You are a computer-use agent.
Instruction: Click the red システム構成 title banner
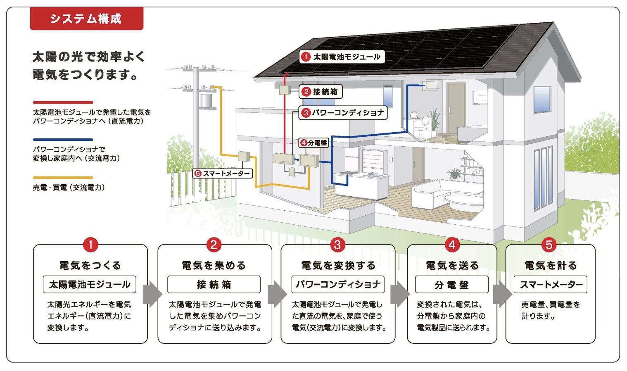[86, 19]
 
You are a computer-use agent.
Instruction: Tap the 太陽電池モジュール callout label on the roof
[342, 57]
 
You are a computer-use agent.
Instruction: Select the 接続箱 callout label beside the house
[321, 92]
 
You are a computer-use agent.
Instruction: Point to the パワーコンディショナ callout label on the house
[343, 112]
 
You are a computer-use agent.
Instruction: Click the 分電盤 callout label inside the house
[314, 143]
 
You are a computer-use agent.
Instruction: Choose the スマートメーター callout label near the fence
[223, 174]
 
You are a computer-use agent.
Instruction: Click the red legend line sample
[63, 102]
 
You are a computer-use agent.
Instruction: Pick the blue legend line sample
[63, 140]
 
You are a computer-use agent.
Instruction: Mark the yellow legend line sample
[63, 178]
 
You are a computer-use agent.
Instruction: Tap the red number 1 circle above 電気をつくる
[90, 245]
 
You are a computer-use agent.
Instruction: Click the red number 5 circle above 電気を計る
[549, 245]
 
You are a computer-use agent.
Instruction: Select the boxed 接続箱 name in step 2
[214, 285]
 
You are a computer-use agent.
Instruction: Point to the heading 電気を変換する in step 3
[338, 265]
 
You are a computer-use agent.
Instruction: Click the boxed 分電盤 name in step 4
[452, 285]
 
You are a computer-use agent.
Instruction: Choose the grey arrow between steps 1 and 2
[152, 295]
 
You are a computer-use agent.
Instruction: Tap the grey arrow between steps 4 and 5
[502, 295]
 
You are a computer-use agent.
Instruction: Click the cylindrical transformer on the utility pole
[206, 101]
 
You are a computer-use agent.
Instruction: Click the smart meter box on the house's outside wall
[244, 156]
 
